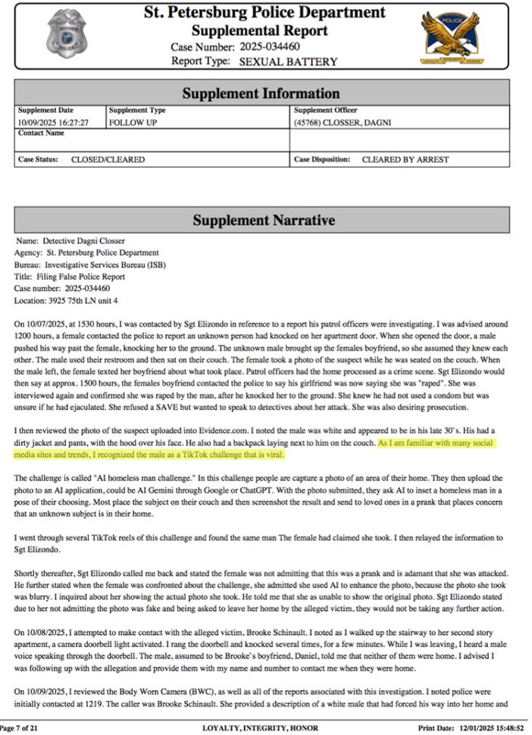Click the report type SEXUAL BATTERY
pyautogui.click(x=288, y=61)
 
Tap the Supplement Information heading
pyautogui.click(x=261, y=94)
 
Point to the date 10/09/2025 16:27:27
pyautogui.click(x=54, y=122)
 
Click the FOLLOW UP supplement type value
pyautogui.click(x=133, y=122)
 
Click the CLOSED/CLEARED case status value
pyautogui.click(x=108, y=160)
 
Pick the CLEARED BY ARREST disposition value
pyautogui.click(x=405, y=160)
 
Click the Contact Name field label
pyautogui.click(x=41, y=133)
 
